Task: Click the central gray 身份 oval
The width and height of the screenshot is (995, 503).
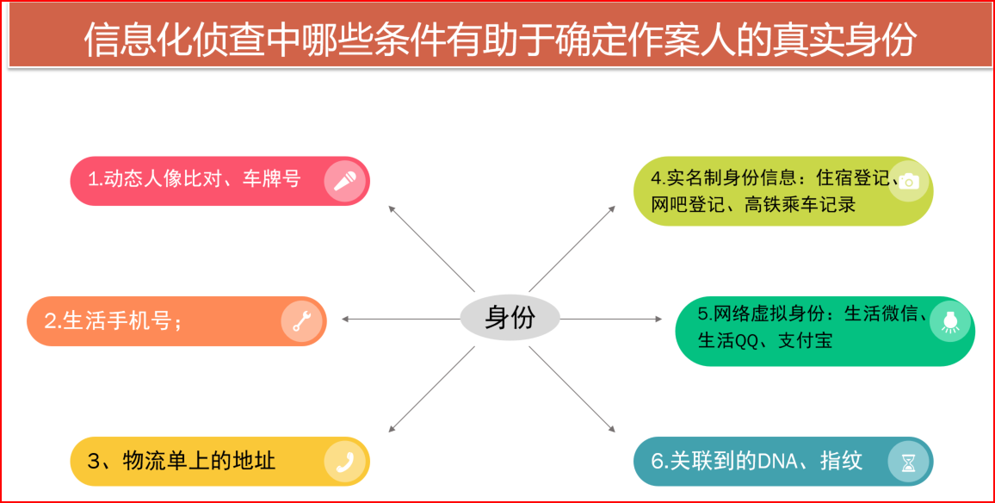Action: [510, 318]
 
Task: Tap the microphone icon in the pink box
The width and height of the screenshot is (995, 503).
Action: [345, 181]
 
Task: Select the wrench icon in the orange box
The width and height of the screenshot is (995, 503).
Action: [302, 321]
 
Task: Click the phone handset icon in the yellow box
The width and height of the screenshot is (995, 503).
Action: [345, 462]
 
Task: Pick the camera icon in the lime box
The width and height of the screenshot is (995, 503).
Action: [909, 181]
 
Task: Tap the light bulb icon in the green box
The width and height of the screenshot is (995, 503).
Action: [950, 321]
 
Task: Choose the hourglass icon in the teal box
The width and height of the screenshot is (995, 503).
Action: [909, 463]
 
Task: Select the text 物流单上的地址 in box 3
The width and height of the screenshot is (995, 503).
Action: [199, 461]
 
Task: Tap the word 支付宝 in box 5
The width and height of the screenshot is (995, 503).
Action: [805, 340]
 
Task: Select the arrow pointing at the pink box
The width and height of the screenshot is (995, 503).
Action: [430, 248]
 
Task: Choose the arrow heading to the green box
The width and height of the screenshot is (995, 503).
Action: [611, 319]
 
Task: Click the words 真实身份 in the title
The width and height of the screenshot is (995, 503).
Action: [848, 40]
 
